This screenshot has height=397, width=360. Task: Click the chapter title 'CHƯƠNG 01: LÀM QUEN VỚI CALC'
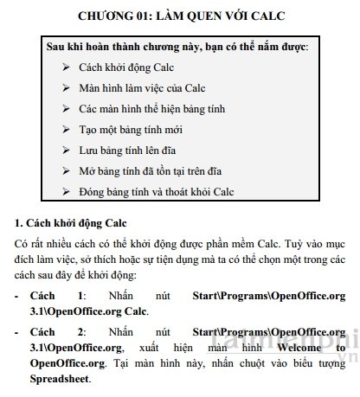[x=181, y=16]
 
